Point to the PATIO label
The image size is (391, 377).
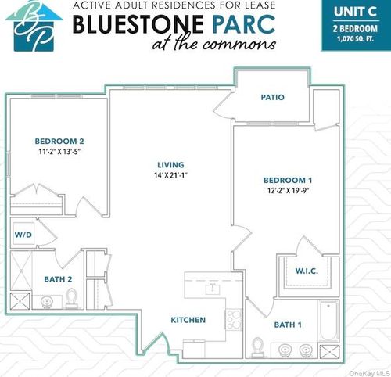coord(272,97)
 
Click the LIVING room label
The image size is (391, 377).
coord(170,165)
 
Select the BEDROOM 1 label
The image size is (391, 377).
coord(288,180)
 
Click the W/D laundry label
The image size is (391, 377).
coord(21,234)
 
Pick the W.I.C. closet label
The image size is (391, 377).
coord(306,271)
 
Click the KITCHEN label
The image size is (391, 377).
coord(188,320)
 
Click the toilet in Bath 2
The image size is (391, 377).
coord(71,297)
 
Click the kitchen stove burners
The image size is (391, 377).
coord(233,318)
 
